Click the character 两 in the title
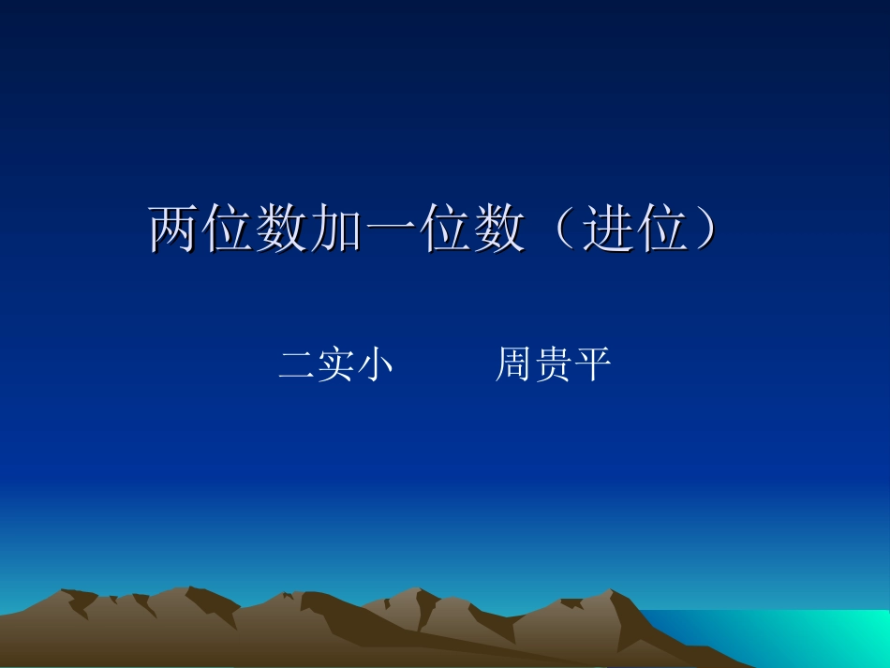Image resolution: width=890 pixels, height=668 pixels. (175, 229)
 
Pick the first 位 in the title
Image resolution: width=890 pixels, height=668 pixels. (229, 229)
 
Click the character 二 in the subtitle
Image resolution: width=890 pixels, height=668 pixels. (296, 364)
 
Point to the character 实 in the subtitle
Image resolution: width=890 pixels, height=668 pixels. (335, 364)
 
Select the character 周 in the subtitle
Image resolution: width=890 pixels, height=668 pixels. (513, 364)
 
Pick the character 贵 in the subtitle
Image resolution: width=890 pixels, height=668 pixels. (553, 364)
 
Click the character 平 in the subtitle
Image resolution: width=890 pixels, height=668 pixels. (592, 364)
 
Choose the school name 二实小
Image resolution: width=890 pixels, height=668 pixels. (335, 364)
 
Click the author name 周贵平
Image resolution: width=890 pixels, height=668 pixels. (553, 364)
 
